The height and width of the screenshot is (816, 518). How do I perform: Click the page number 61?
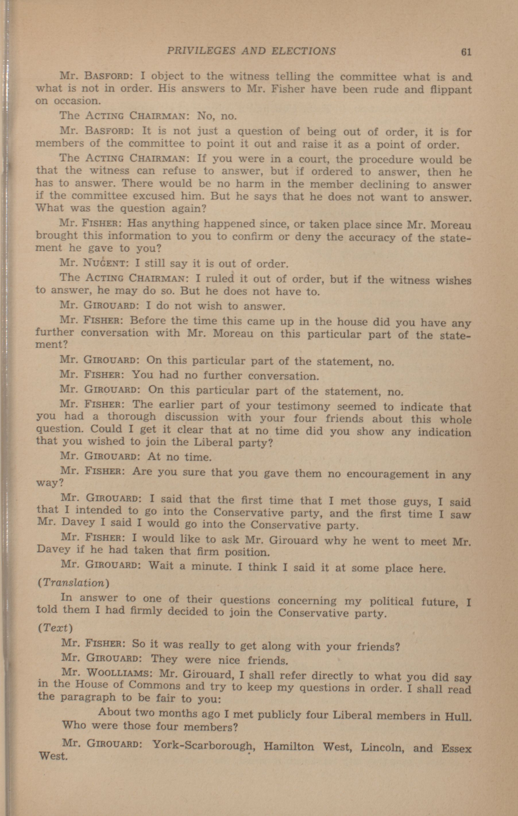coord(466,52)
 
